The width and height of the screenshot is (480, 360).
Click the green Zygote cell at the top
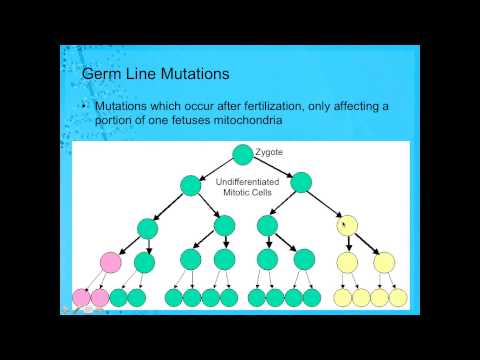242,154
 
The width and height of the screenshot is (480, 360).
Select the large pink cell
110,262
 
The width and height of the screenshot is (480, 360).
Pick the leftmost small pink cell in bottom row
81,297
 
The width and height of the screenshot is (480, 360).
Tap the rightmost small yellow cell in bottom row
398,297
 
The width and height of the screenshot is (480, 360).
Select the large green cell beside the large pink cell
145,262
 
